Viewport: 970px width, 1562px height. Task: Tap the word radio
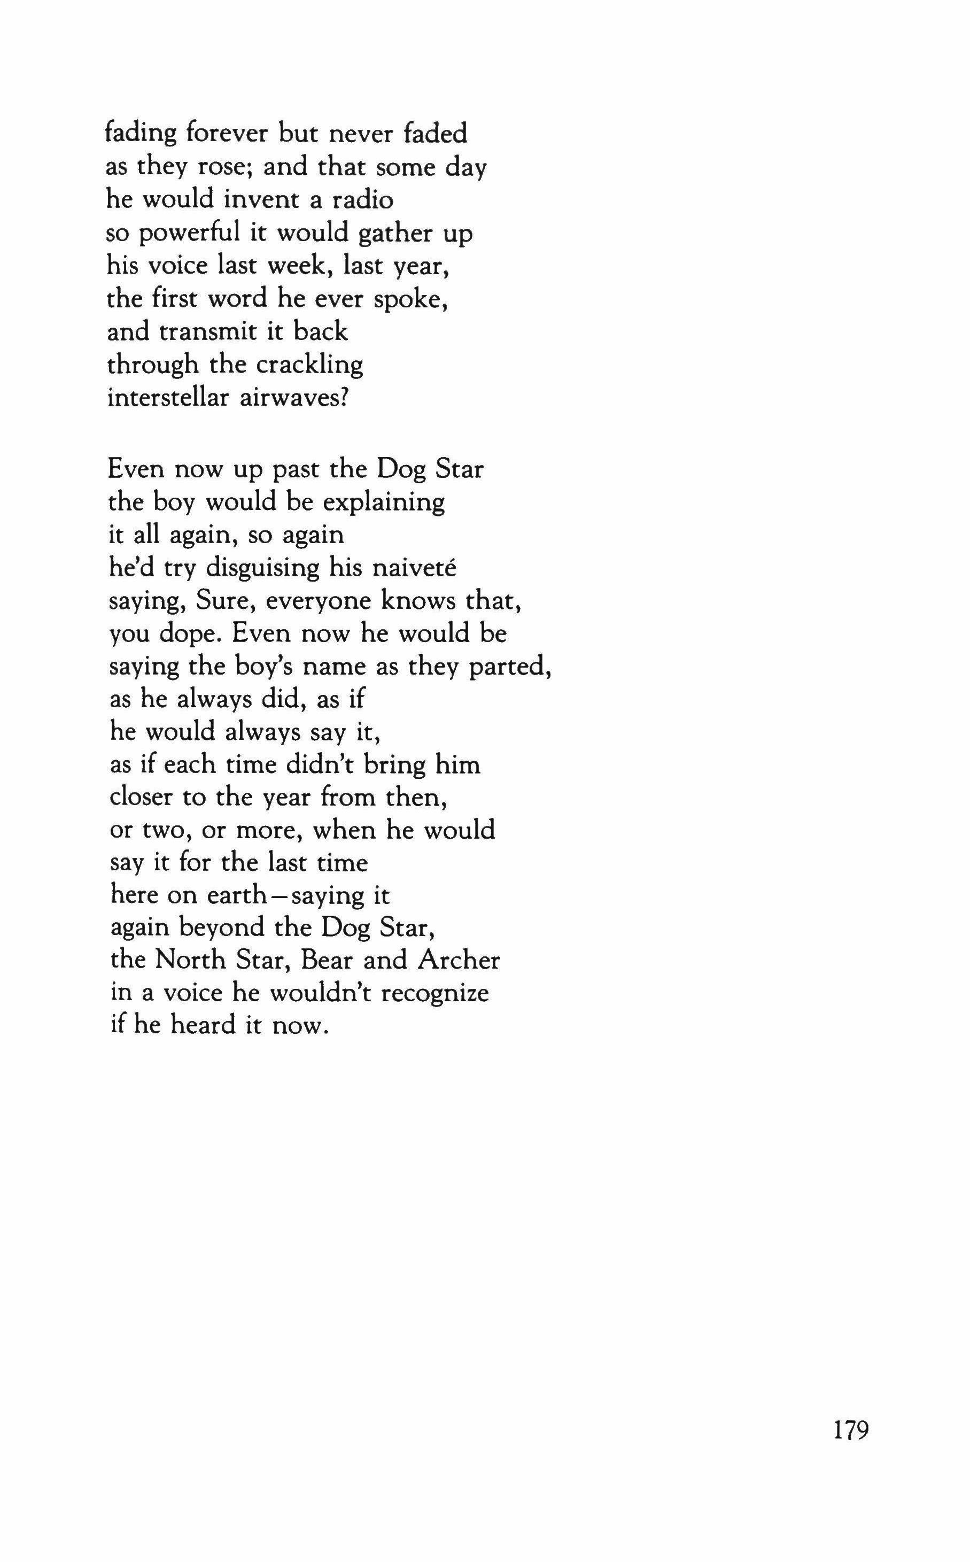point(362,200)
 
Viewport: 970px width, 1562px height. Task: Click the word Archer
point(459,960)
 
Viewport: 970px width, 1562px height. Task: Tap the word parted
point(509,668)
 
